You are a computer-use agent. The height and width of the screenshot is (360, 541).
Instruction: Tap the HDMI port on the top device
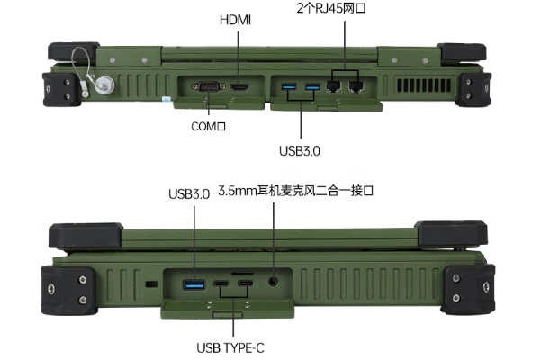[x=239, y=87]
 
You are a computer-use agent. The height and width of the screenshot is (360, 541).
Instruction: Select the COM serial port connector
[x=206, y=87]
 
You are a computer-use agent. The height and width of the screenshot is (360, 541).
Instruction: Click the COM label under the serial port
[x=207, y=127]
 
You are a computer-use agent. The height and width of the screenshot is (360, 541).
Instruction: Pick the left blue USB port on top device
[x=289, y=87]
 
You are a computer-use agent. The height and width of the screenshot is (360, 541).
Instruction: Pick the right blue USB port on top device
[x=312, y=87]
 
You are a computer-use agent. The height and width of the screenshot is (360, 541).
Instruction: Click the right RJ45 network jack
[x=356, y=87]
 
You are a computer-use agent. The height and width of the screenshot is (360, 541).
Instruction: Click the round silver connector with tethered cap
[x=104, y=86]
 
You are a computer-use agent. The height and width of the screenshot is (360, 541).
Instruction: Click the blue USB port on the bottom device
[x=194, y=285]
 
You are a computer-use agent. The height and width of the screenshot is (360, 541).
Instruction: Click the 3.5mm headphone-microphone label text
[x=308, y=193]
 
